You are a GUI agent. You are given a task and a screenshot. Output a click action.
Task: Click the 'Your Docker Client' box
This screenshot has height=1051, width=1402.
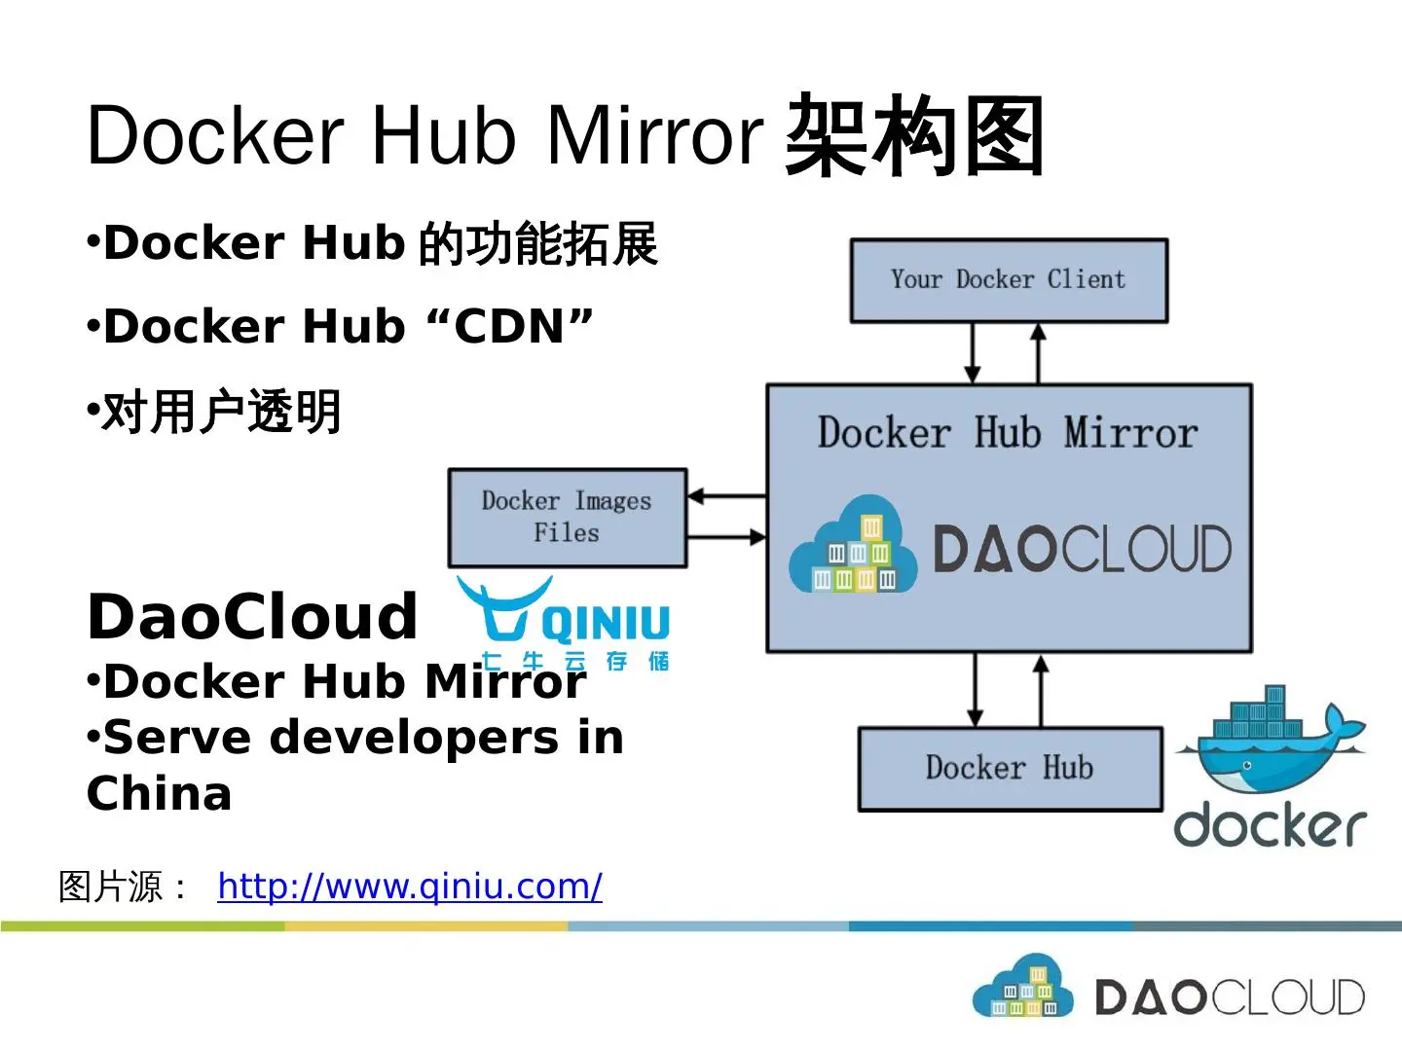(1010, 281)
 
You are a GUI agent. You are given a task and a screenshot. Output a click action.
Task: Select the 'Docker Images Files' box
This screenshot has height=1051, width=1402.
(568, 518)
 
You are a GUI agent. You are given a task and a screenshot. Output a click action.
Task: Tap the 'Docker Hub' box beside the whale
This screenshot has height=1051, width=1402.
(1011, 769)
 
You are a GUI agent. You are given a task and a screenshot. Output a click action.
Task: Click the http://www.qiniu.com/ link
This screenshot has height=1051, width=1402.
(410, 887)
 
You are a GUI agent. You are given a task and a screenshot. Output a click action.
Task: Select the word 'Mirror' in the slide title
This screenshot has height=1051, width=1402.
(655, 135)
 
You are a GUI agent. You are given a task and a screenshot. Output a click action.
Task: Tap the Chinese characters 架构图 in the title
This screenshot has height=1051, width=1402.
(914, 134)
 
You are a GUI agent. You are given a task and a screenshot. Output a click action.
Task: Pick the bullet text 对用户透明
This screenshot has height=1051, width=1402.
(221, 413)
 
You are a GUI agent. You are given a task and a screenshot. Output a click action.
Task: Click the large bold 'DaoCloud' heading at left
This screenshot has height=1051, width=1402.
(252, 616)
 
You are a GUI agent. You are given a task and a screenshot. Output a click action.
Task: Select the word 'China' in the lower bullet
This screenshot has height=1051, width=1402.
(159, 794)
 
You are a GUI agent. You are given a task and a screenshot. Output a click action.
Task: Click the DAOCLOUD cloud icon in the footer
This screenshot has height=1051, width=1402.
(1022, 986)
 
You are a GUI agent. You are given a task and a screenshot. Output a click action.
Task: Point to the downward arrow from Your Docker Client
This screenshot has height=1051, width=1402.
(972, 353)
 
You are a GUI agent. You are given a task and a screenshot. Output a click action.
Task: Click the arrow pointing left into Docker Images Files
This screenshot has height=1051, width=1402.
(727, 496)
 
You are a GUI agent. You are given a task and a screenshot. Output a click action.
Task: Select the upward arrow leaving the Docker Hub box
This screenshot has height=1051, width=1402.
(1041, 691)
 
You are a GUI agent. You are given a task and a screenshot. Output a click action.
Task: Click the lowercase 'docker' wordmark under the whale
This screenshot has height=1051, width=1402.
(1270, 825)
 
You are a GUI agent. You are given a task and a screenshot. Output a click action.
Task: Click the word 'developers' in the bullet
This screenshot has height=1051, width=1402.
(415, 739)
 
